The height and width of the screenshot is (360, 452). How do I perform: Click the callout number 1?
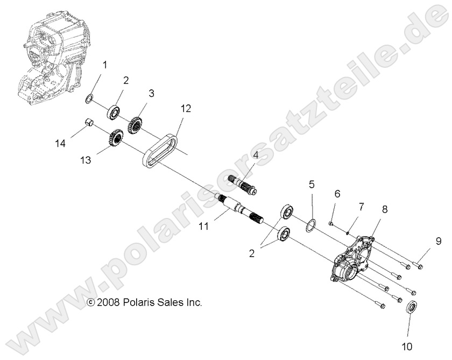105,65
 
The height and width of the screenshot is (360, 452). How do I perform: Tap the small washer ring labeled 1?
90,98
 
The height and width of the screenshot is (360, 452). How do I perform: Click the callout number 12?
186,108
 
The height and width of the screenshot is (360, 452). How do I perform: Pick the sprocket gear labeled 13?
116,138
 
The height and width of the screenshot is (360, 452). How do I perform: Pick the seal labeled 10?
410,309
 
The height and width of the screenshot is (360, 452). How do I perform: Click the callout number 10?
410,347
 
